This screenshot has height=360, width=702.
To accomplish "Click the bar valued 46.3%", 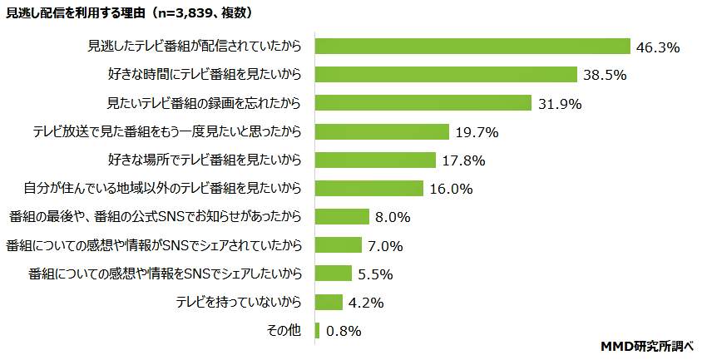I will [472, 47].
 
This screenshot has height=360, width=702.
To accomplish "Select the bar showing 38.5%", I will [446, 75].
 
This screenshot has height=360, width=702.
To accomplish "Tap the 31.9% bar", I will [423, 103].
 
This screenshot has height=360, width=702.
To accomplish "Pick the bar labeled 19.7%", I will [382, 131].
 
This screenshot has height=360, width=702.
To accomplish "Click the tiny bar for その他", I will [317, 330].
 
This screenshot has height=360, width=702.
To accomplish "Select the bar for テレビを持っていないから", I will [329, 302].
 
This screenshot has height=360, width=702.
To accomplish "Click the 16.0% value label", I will [452, 189].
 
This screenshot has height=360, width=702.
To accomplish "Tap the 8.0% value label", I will [393, 217].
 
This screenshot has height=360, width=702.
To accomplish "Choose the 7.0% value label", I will [386, 246].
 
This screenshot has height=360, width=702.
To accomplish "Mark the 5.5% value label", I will [376, 274].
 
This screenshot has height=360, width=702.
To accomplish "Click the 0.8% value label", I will [344, 331].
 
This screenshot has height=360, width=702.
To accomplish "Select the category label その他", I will [283, 330].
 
